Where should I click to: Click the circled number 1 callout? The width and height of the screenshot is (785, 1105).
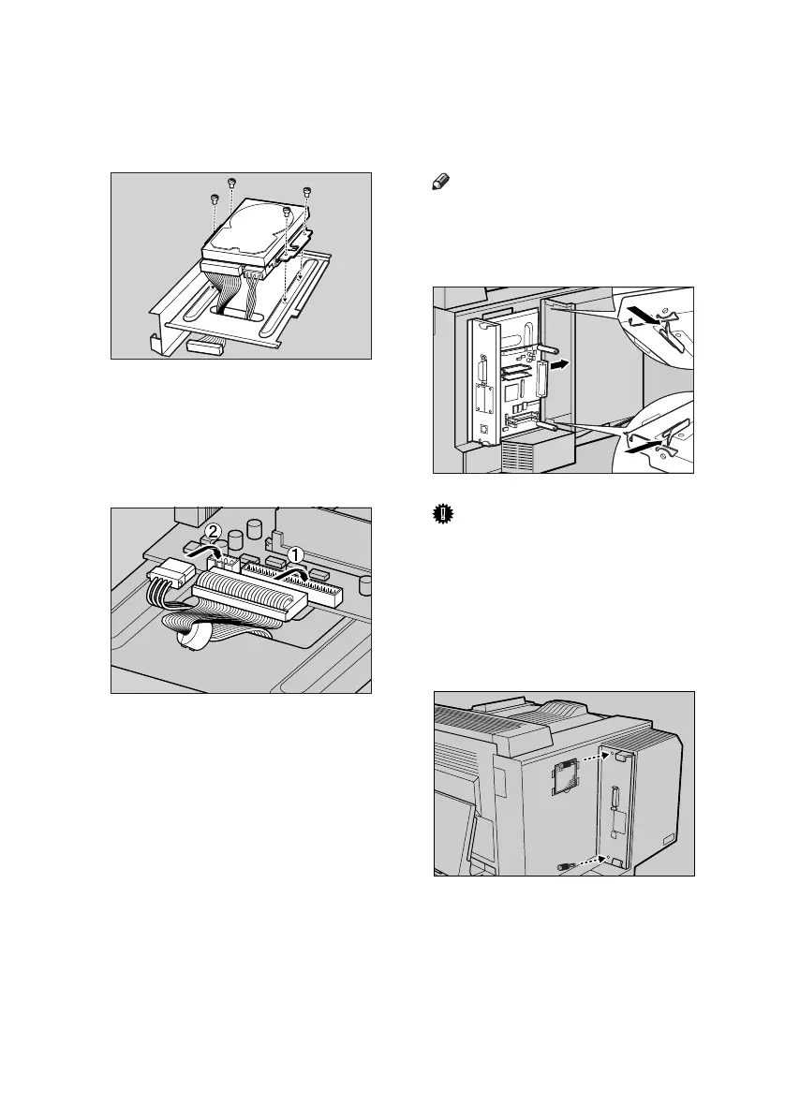297,554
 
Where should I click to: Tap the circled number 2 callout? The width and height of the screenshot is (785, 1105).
213,532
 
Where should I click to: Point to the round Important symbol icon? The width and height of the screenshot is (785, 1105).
440,513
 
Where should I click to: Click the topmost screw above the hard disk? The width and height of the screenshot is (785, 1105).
231,182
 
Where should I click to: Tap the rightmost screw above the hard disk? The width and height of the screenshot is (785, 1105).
307,192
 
